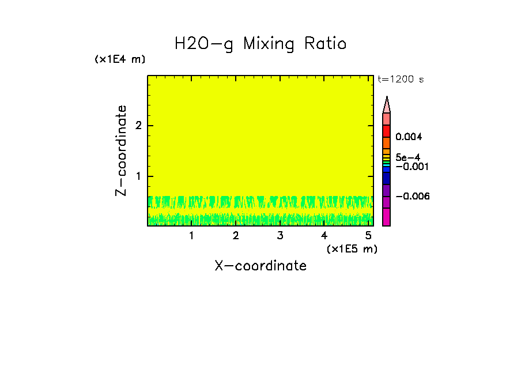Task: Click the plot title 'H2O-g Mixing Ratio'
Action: [260, 44]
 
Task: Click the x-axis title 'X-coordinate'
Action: [260, 266]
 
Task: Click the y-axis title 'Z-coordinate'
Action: [121, 150]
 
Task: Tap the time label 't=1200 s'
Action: [401, 80]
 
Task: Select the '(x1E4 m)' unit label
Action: [120, 59]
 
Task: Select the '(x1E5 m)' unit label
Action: [352, 248]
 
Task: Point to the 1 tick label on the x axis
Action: [191, 236]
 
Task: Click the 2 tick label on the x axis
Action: [236, 236]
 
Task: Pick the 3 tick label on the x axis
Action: [280, 236]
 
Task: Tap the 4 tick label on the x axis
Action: [324, 236]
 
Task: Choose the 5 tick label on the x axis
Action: [368, 236]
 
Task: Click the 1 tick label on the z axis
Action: [138, 176]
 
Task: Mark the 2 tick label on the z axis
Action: [138, 126]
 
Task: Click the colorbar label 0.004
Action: [409, 137]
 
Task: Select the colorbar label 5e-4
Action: [407, 157]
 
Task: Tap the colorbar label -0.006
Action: [413, 197]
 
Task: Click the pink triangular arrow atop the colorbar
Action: [387, 105]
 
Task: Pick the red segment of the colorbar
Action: [387, 131]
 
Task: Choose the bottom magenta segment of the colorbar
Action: [387, 217]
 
